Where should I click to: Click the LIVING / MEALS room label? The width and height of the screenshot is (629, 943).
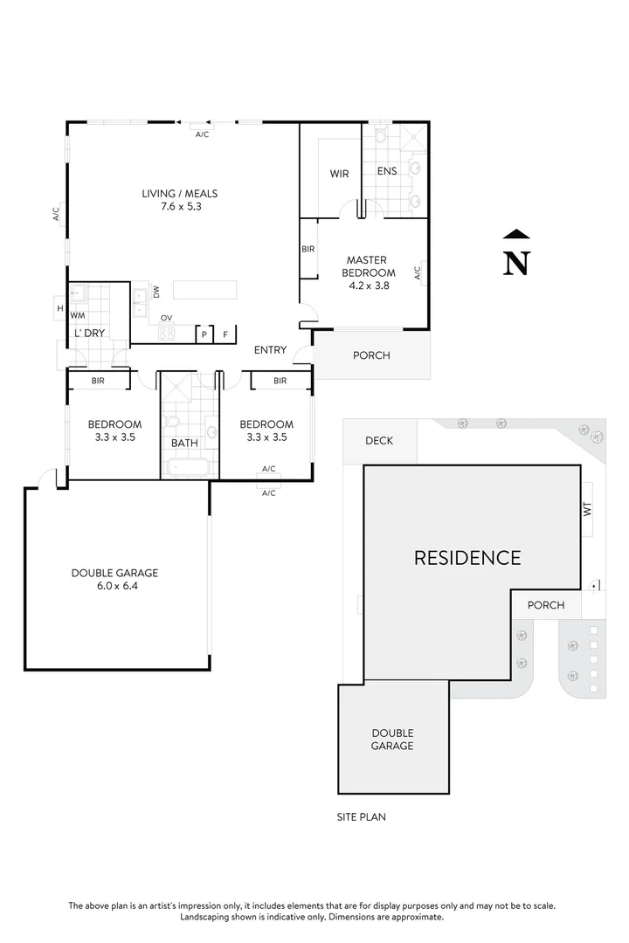click(180, 193)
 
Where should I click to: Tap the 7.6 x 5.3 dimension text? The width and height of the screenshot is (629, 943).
click(180, 207)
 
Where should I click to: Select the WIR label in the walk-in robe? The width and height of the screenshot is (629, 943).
click(339, 174)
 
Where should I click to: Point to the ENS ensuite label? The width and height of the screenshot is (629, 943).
click(387, 171)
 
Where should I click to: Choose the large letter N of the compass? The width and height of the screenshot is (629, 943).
click(517, 263)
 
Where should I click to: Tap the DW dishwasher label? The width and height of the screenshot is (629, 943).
click(156, 293)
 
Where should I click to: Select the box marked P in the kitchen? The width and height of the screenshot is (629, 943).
click(204, 334)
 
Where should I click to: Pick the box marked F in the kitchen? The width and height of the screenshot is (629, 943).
click(226, 334)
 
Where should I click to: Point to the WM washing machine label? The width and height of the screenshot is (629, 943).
click(78, 315)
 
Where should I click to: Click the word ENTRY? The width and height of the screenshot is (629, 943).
click(270, 350)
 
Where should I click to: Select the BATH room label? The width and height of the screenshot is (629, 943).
click(184, 443)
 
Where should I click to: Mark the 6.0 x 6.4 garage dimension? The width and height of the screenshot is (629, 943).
click(115, 587)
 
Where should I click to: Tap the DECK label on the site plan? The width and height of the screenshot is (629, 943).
click(378, 441)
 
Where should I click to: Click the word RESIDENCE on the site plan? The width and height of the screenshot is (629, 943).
click(467, 557)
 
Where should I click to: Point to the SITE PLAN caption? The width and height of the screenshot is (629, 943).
click(361, 817)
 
